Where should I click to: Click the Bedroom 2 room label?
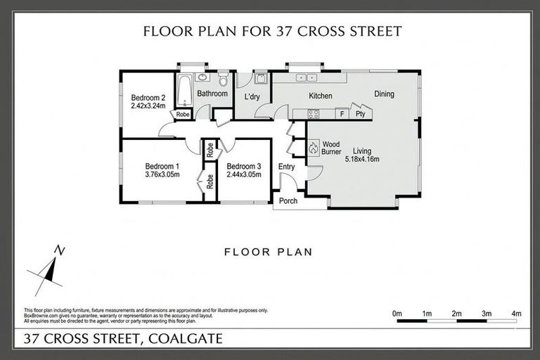tap(148, 97)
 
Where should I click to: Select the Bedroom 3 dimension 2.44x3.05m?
tap(243, 174)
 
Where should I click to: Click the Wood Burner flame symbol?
tap(314, 147)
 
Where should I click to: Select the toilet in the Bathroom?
tap(223, 78)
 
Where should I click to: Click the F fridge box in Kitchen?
tap(341, 113)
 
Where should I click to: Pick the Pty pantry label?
tap(360, 113)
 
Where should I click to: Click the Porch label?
tap(288, 201)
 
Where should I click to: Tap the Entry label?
tap(287, 167)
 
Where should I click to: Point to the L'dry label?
tap(252, 96)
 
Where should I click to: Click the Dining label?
tap(384, 94)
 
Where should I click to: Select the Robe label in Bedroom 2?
tap(182, 114)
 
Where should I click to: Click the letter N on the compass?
tap(61, 250)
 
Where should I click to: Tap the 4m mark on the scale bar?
tap(516, 313)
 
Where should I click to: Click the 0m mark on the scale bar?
tap(397, 313)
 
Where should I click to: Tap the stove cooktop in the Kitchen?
tap(314, 113)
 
